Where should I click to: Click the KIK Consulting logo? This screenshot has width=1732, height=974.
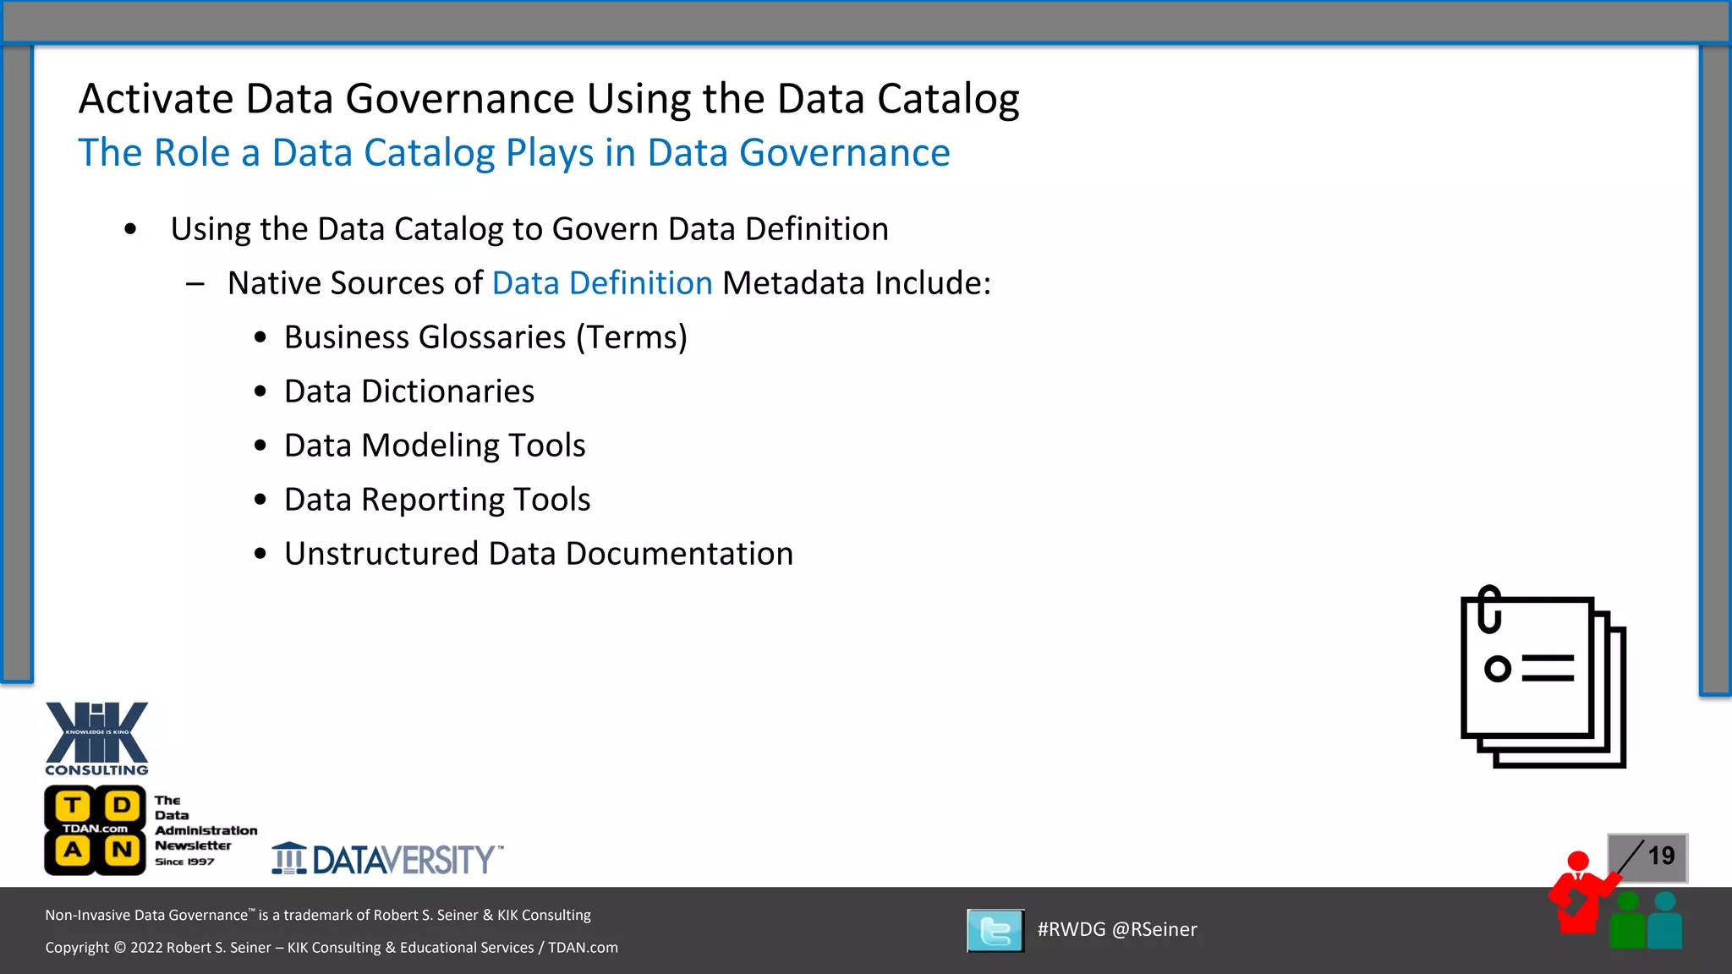click(96, 737)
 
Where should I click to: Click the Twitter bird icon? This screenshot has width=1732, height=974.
click(995, 930)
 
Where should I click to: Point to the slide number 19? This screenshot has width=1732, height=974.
click(1661, 856)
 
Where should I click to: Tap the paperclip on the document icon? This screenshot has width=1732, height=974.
click(1489, 609)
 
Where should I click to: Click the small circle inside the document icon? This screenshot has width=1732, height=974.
click(1498, 669)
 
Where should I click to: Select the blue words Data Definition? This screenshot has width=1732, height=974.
click(602, 283)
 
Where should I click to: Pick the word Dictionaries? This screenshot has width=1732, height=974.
click(447, 391)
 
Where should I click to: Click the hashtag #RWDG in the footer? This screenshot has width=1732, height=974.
click(1072, 929)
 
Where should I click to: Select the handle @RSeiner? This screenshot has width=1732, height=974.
click(1154, 929)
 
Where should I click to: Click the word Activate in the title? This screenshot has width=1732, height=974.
click(156, 99)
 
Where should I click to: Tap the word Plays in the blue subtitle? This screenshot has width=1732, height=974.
click(550, 153)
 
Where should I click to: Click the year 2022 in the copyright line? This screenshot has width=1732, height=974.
click(146, 948)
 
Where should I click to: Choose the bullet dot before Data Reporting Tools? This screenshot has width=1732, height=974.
click(260, 500)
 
